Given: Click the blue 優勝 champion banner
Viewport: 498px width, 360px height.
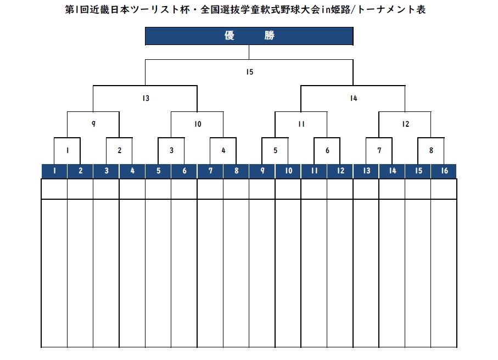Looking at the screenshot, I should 249,36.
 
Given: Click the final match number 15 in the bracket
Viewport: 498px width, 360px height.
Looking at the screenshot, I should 249,72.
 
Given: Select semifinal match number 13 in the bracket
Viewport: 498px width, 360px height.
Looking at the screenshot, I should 146,98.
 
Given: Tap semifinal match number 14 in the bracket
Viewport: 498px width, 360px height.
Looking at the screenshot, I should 353,98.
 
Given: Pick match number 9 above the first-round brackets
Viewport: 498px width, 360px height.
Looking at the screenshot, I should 93,124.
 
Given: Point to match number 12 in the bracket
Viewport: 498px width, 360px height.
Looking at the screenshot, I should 405,124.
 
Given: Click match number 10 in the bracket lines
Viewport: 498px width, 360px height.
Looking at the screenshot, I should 198,124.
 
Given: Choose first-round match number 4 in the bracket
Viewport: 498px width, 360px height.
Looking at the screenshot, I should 223,150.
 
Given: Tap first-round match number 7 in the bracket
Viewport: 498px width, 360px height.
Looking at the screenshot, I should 379,150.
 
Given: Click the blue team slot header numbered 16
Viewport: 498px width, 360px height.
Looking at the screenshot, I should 444,171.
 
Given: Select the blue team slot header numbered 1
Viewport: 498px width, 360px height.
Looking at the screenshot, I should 54,171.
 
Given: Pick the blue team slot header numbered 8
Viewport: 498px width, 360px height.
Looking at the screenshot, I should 236,171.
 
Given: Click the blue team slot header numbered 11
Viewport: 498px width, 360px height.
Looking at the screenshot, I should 314,171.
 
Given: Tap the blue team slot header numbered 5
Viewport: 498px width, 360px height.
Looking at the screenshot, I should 158,171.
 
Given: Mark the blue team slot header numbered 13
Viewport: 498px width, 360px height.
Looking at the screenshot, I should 366,171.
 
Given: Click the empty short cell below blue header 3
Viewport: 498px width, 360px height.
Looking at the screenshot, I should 106,189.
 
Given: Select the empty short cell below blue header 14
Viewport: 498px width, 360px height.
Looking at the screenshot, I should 392,189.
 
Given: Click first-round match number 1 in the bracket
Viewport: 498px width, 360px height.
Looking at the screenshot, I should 68,150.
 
